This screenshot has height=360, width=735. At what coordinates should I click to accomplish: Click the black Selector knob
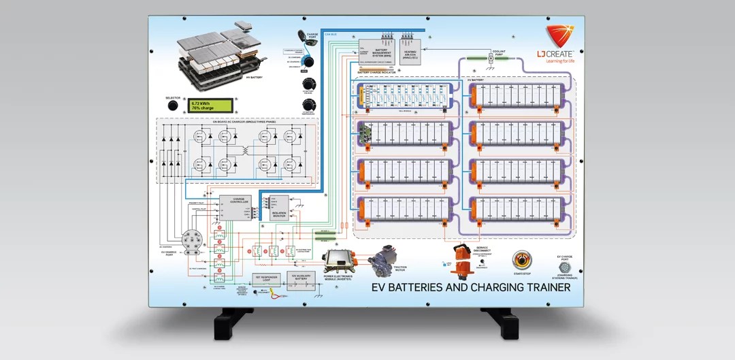click(x=173, y=106)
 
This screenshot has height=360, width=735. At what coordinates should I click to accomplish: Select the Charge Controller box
click(x=235, y=203)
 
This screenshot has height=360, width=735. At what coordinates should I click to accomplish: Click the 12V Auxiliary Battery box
click(x=300, y=280)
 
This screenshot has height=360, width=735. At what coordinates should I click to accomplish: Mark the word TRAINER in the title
click(x=534, y=287)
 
